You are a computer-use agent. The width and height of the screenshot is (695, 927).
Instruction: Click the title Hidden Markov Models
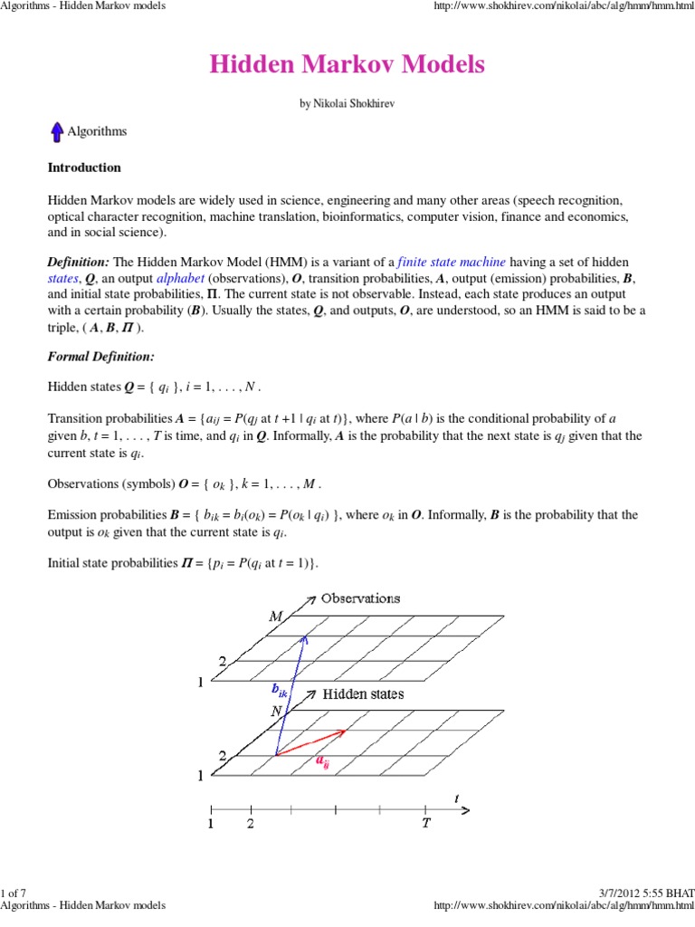click(347, 64)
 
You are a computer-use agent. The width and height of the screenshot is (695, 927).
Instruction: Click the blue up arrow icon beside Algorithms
click(56, 132)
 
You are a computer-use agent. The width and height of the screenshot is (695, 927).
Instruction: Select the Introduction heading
click(83, 167)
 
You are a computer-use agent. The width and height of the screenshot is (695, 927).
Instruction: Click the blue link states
click(62, 278)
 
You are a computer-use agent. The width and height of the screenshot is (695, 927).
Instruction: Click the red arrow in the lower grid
click(310, 742)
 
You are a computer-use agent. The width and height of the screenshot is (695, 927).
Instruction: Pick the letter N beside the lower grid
click(276, 712)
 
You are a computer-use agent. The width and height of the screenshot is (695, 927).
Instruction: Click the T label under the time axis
click(425, 824)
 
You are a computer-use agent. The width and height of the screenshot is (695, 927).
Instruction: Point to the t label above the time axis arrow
click(456, 798)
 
